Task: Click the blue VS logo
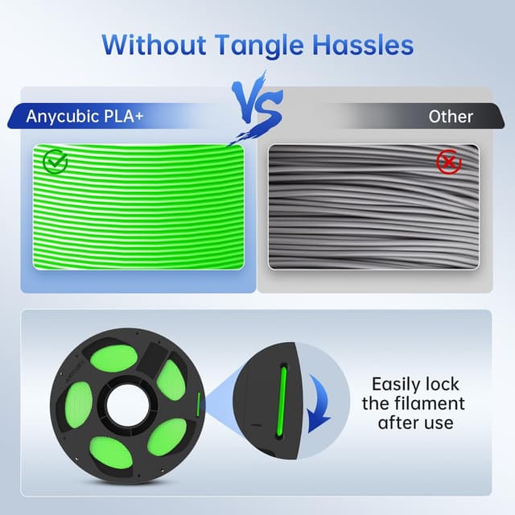257,102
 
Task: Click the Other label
451,117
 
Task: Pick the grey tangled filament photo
374,207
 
